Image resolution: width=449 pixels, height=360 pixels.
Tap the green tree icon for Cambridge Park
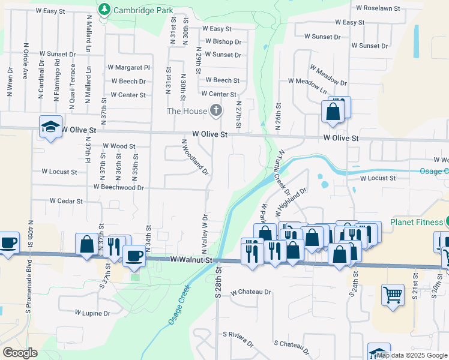click(x=105, y=10)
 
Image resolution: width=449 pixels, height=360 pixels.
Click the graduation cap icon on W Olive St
click(x=51, y=126)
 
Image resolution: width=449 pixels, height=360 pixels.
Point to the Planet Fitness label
click(x=415, y=222)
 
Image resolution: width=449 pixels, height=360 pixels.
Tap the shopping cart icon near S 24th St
click(x=393, y=295)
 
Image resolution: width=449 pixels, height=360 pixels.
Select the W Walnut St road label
click(x=191, y=260)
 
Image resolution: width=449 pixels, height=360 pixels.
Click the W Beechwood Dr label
click(x=119, y=187)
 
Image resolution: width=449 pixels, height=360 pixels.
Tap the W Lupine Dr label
click(x=92, y=313)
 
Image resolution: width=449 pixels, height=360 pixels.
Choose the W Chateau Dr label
click(x=251, y=292)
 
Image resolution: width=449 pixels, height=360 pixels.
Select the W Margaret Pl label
click(x=128, y=68)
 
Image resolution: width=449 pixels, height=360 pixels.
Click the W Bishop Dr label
click(x=223, y=42)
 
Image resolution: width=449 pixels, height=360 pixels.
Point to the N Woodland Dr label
click(x=195, y=157)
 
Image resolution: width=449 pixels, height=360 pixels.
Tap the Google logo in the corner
click(x=20, y=353)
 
